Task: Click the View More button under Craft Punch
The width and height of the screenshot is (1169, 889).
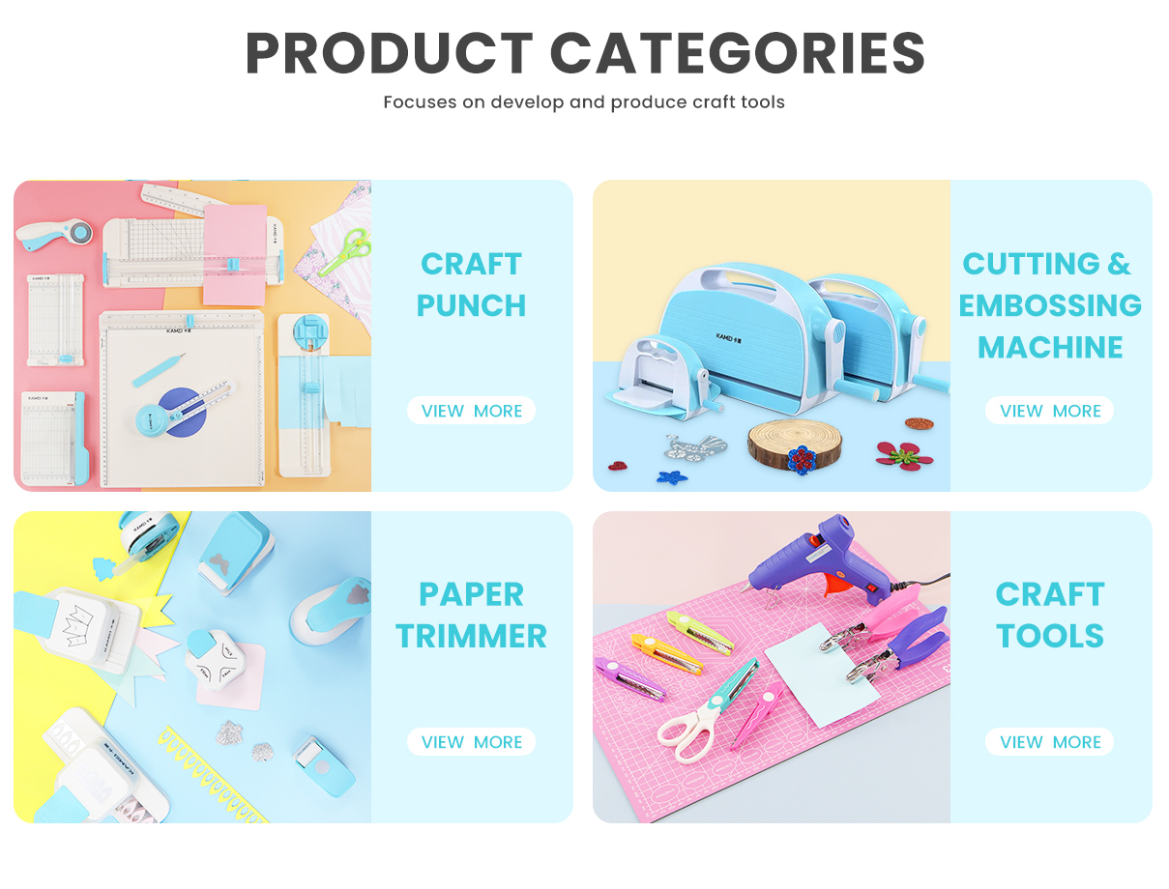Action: pos(471,410)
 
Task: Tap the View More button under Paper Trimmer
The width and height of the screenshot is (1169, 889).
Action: pos(471,741)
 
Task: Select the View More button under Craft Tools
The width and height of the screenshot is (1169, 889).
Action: pos(1049,741)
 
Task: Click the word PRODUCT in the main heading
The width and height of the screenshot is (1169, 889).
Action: pos(389,53)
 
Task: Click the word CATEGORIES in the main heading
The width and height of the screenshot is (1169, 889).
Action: pos(737,53)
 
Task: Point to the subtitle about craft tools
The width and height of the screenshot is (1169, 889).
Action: pos(584,101)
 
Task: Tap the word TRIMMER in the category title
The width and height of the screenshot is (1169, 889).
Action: pos(471,636)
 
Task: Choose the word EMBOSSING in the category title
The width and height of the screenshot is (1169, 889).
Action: pos(1050,305)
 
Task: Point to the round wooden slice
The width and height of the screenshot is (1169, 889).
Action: pos(794,444)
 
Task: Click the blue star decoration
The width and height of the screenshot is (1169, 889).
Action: pos(672,476)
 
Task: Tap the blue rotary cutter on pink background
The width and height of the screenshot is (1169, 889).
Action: pos(54,233)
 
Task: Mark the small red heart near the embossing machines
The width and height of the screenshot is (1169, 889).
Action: pos(618,466)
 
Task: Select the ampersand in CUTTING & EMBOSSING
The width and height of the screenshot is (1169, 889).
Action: pos(1119,264)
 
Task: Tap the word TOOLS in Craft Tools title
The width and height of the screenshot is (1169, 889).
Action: pos(1050,636)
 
